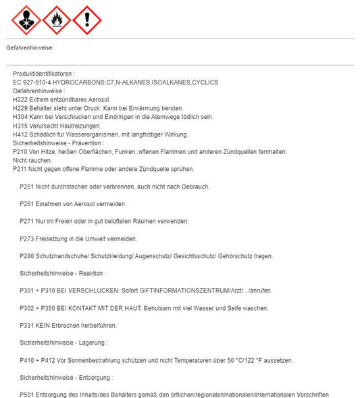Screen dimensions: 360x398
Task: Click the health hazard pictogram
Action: point(26,20)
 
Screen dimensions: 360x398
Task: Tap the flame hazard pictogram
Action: point(57,20)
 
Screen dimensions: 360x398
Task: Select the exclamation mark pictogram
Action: point(86,20)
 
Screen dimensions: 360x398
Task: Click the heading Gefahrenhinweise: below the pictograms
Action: point(30,48)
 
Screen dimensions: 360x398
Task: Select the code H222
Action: point(20,99)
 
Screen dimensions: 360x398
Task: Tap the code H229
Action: point(20,108)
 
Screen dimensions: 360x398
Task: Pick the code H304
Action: point(20,117)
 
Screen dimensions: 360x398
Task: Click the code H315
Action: point(20,126)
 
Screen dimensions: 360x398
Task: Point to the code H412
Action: point(20,134)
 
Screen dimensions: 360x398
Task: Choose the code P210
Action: point(20,152)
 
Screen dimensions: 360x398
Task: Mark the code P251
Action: point(27,186)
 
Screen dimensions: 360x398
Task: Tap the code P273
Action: point(27,239)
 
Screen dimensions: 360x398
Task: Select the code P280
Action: point(27,256)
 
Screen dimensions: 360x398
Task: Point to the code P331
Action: point(27,325)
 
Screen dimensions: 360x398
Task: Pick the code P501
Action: point(27,395)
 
